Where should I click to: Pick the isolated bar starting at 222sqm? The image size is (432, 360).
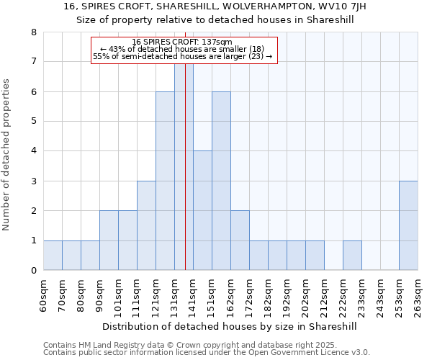point(352,255)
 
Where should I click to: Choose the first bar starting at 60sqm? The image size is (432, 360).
point(53,255)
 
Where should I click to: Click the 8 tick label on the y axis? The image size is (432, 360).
point(33,32)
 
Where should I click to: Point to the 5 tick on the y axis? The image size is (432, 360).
point(33,121)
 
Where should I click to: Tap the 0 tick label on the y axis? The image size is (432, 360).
point(33,270)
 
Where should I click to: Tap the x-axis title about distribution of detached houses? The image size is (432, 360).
point(230,326)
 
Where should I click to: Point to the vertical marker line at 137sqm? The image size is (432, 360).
point(185,180)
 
